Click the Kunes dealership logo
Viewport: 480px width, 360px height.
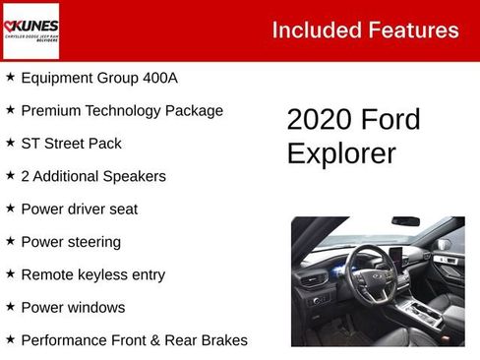[31, 30]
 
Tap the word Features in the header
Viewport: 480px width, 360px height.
[414, 30]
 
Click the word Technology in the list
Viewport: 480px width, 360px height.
[128, 110]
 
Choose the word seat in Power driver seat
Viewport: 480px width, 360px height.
[122, 209]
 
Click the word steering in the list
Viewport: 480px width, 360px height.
[93, 242]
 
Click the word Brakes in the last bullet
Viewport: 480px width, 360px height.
[222, 340]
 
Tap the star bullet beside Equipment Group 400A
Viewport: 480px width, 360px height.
[10, 76]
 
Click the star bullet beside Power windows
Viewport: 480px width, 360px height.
[10, 306]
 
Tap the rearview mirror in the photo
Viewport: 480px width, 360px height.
[405, 220]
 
